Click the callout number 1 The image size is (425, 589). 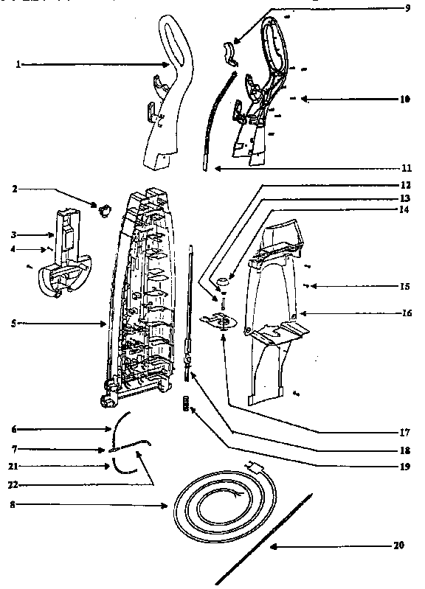point(18,65)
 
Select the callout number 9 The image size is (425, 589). point(407,8)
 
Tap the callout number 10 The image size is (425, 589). point(404,99)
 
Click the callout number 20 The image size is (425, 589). point(399,546)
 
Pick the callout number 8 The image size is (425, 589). point(13,506)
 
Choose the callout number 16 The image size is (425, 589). point(406,313)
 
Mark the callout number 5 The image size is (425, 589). point(13,323)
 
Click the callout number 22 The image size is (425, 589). point(13,484)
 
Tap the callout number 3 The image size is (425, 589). point(13,234)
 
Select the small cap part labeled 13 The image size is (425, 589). point(222,282)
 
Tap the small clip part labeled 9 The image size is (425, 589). point(229,53)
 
